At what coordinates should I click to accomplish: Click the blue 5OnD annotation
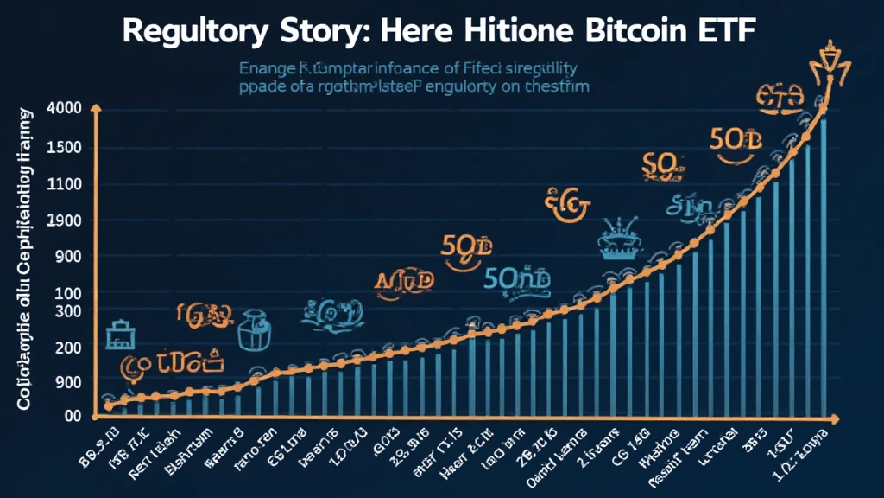[x=509, y=278]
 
